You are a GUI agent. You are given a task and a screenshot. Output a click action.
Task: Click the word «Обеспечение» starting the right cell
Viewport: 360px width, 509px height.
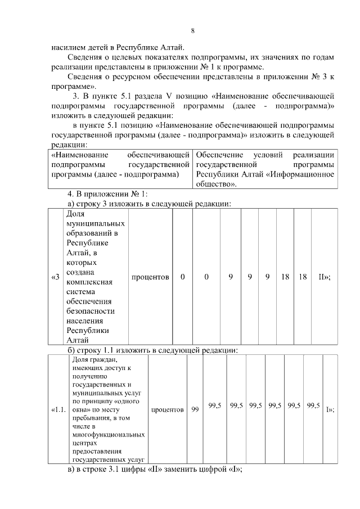[x=220, y=155]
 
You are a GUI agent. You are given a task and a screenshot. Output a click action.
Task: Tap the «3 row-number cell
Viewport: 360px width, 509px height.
[x=55, y=277]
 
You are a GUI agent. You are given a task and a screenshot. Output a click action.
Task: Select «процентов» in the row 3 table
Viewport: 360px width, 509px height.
[x=150, y=277]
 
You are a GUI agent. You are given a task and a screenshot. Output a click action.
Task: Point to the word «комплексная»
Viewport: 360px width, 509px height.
[x=89, y=282]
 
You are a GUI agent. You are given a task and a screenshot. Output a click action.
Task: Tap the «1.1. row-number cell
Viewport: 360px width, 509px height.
[x=58, y=410]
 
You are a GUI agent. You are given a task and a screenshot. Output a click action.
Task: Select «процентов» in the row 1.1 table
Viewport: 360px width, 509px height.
[x=168, y=410]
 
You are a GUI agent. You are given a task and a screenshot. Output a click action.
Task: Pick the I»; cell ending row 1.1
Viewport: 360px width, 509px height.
[x=330, y=410]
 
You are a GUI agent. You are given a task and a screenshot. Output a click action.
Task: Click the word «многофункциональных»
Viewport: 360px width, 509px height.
[x=108, y=435]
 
